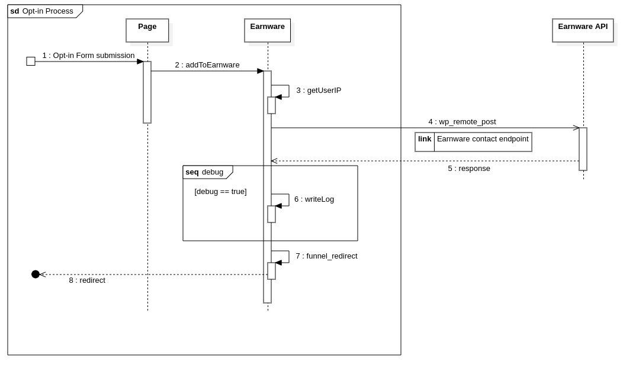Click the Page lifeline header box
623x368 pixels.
pos(147,30)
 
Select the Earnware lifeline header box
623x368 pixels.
pos(267,30)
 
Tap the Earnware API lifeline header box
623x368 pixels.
pos(583,30)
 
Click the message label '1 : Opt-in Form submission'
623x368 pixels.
pos(88,56)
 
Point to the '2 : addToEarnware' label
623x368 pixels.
pos(207,65)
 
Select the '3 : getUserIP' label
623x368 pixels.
pos(319,91)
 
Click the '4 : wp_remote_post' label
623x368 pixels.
pos(462,122)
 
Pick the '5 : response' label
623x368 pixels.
pos(469,169)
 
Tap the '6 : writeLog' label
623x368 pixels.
pos(314,199)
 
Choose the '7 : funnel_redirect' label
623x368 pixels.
pos(326,256)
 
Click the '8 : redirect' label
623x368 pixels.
pos(87,280)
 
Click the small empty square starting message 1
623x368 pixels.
pos(31,62)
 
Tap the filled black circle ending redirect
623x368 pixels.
pos(36,275)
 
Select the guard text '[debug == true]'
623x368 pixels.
pos(220,192)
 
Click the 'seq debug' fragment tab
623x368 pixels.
pos(207,172)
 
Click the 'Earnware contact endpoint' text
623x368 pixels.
pos(483,139)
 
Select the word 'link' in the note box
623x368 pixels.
pos(425,139)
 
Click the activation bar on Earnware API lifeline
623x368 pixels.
pos(583,149)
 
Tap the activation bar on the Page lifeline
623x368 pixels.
pos(147,92)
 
